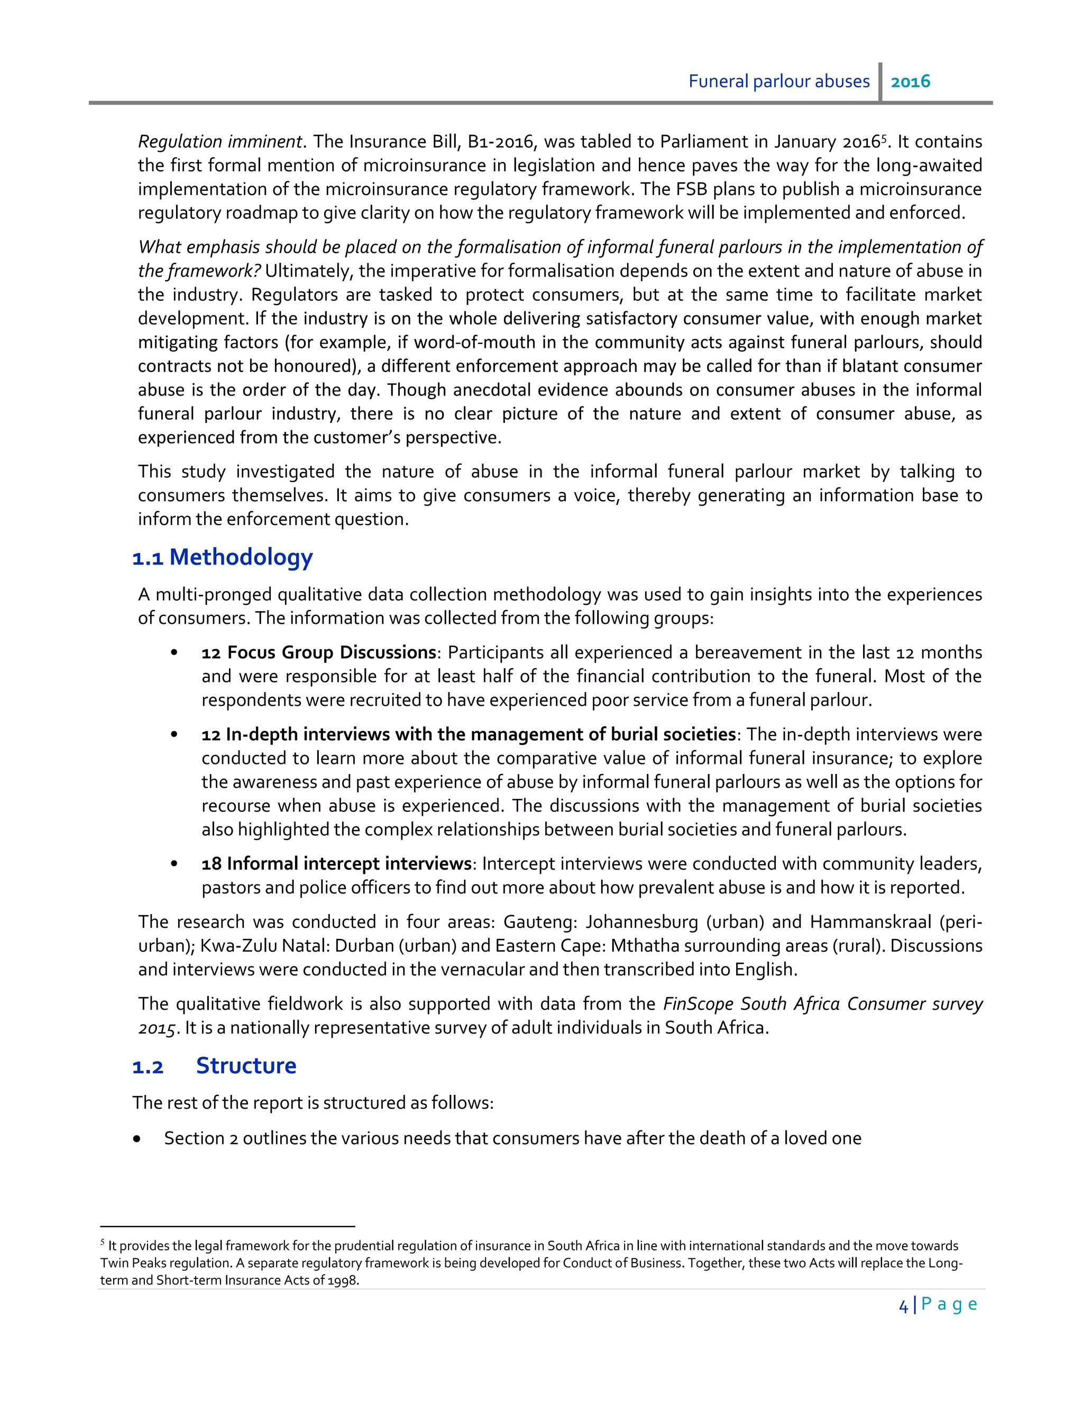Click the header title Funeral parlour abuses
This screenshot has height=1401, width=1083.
point(778,81)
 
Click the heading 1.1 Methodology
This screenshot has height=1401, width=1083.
point(222,557)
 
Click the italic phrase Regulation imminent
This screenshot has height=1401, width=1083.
point(220,142)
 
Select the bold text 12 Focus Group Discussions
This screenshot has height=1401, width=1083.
point(318,652)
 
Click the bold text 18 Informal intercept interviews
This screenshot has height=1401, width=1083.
point(336,863)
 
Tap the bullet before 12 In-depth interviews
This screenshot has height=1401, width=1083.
point(174,734)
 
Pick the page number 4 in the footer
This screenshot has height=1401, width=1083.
point(903,1305)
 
